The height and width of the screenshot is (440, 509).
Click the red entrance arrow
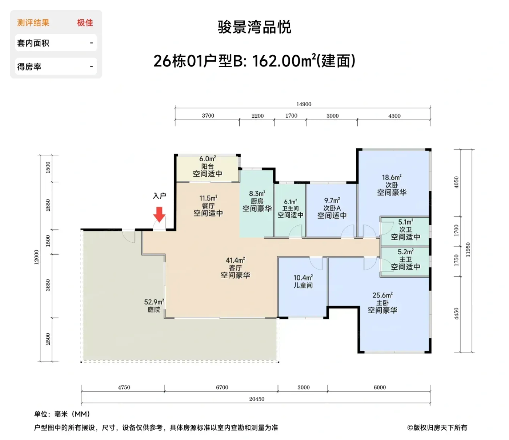coord(159,214)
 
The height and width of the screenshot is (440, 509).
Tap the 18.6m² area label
coord(392,177)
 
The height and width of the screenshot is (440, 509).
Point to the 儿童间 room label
coord(303,285)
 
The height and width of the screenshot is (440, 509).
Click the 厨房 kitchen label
coord(257,201)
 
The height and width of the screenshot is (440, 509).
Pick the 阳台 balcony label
coord(207,166)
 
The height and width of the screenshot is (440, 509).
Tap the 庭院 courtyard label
coord(154,310)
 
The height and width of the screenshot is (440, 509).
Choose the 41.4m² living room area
coord(236,260)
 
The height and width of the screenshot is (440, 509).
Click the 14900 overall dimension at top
coord(304,104)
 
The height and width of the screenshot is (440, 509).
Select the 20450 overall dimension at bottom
coord(257,399)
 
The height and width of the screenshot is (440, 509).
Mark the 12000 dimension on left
coord(36,257)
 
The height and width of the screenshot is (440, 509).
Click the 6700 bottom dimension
coord(222,387)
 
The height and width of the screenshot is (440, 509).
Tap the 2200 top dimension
coord(257,116)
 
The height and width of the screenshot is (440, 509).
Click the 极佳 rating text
coord(85,23)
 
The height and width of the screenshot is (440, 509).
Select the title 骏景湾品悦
coord(254,27)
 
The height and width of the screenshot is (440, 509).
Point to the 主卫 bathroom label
coord(405,259)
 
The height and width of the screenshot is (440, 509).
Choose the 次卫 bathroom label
coord(405,229)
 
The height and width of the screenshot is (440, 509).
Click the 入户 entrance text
coord(160,196)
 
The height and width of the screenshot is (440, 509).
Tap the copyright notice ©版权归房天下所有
coord(437,428)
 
